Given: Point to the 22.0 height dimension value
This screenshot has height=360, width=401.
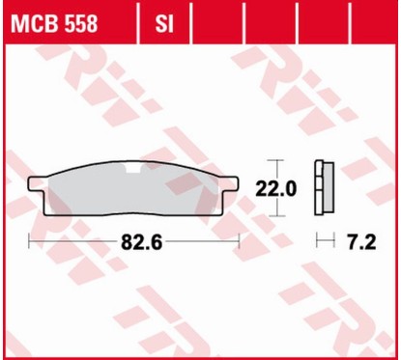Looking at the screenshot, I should click(275, 188).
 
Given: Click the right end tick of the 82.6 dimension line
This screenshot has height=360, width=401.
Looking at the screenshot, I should click(236, 238).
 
